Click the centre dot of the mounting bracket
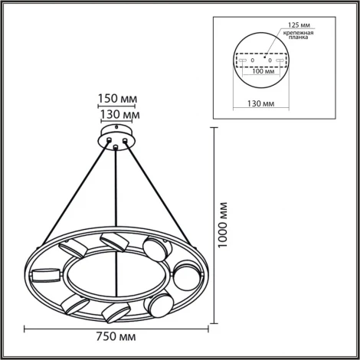coord(267,57)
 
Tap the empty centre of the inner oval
coord(113,276)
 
